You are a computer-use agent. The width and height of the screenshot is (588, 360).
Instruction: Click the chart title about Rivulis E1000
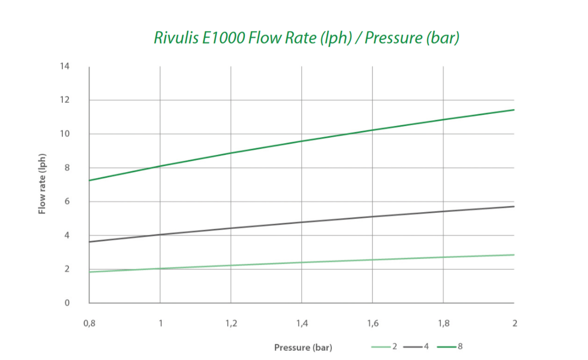(x=306, y=38)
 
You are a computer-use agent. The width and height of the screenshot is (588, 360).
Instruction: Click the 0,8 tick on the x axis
(x=89, y=323)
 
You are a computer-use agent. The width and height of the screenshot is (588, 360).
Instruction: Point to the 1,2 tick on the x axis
(x=231, y=323)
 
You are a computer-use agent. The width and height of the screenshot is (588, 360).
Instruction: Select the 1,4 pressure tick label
(x=302, y=323)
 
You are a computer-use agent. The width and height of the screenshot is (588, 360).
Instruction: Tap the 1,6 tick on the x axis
(x=373, y=323)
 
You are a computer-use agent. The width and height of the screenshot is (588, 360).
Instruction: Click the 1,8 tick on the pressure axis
(x=444, y=323)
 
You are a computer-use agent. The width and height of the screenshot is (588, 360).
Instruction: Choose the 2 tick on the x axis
(x=514, y=323)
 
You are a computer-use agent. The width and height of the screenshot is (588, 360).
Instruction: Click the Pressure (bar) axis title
(x=303, y=348)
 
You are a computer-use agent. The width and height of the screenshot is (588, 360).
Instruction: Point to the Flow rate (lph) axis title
(x=43, y=183)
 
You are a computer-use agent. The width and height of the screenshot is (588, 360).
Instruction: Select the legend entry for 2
(x=386, y=347)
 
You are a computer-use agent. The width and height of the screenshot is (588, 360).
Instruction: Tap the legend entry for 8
(x=451, y=347)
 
